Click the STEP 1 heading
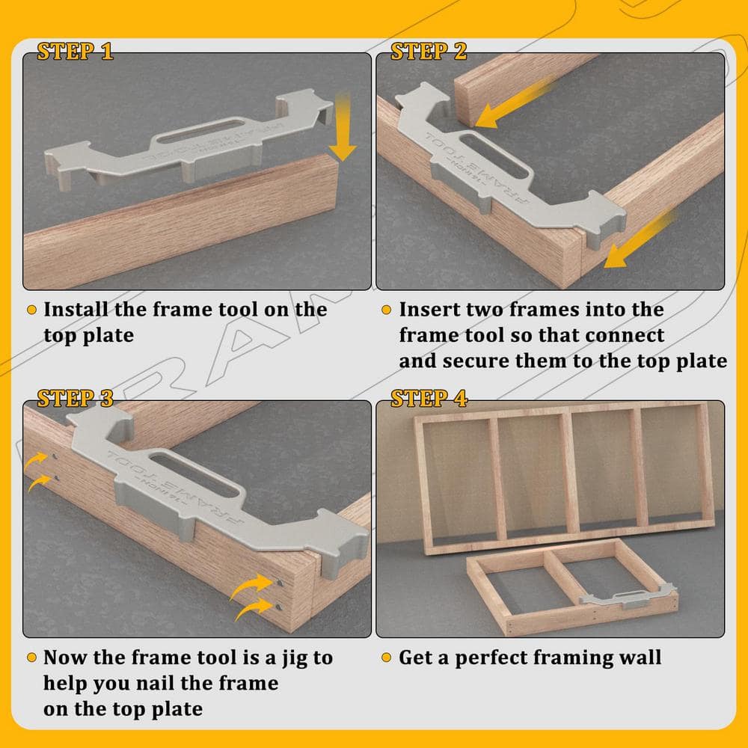pos(76,52)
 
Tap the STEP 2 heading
pos(429,52)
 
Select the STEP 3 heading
pos(76,399)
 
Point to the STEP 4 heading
pos(429,399)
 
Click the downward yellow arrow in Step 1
pos(343,126)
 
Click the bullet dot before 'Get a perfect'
pos(387,657)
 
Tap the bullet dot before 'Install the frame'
pos(32,310)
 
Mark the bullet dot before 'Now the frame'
pos(32,657)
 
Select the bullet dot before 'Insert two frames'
pos(387,310)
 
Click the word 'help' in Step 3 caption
pos(64,684)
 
